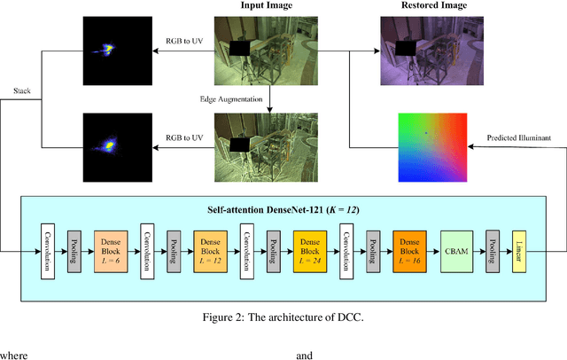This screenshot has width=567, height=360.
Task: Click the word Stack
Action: coord(22,90)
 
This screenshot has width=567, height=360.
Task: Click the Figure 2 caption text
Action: coord(283,314)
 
